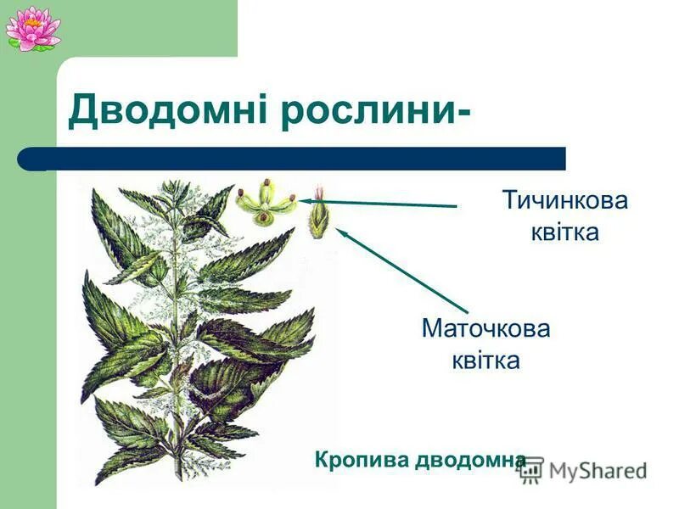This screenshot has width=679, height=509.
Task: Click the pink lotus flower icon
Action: pyautogui.click(x=32, y=27)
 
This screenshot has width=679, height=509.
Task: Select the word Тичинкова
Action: pyautogui.click(x=565, y=201)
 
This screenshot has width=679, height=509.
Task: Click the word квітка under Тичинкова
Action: pyautogui.click(x=564, y=232)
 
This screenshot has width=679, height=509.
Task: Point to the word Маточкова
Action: pyautogui.click(x=485, y=328)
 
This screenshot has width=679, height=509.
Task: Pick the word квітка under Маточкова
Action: pyautogui.click(x=485, y=360)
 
